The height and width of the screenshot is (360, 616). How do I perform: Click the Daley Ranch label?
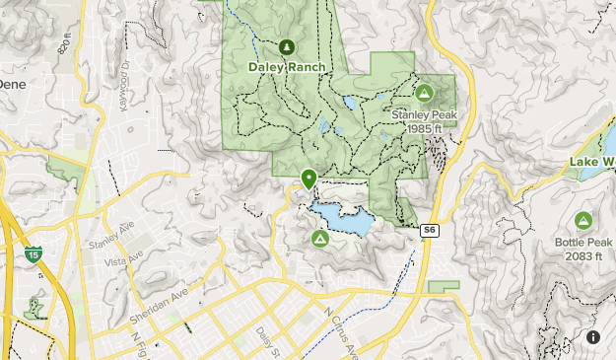point(287,67)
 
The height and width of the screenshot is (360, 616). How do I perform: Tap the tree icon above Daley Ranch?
point(287,46)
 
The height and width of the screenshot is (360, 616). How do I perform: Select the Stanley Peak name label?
point(424,114)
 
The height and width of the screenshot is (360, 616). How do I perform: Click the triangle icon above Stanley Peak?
point(424,94)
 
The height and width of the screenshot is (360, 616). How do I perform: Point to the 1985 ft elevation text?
point(424,127)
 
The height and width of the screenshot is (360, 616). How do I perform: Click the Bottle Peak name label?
point(583,242)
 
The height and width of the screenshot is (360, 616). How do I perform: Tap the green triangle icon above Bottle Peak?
point(582,220)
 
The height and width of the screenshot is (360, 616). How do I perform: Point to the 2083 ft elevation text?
point(583,255)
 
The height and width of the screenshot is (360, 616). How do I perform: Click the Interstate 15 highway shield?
point(34,254)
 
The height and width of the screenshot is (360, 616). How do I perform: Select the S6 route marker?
point(429,230)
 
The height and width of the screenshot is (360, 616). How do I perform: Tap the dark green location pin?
point(309,179)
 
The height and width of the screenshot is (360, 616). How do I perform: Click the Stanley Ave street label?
point(109,240)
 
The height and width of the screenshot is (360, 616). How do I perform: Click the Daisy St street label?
point(262,341)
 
